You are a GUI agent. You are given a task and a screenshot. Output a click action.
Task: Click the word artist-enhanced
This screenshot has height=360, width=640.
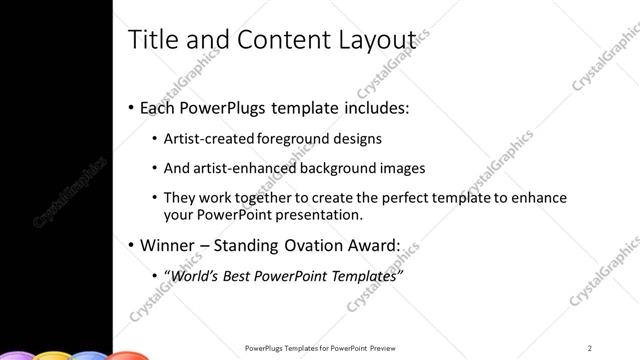point(241,168)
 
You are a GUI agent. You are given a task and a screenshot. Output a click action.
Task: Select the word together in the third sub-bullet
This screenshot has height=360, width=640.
point(262,198)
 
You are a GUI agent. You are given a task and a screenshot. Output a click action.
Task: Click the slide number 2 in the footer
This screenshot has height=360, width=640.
point(590,348)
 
